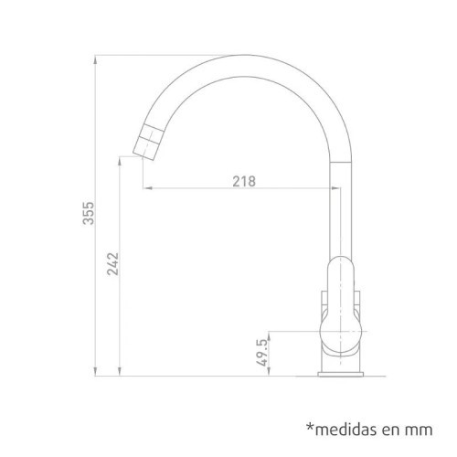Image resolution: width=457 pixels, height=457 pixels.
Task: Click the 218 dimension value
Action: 244,181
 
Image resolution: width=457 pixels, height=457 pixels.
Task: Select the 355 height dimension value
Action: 89,213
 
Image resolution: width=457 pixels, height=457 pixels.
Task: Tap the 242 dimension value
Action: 112,263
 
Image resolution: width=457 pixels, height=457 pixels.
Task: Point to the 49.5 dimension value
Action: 261,353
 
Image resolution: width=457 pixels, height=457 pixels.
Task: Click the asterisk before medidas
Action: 310,427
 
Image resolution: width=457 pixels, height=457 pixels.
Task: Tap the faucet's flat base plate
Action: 341,374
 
